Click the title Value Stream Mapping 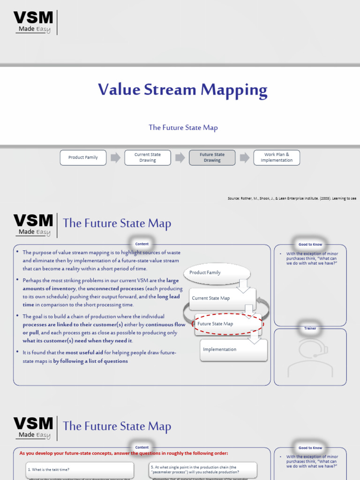[x=182, y=90]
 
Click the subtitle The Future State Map [x=183, y=127]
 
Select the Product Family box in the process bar [x=83, y=157]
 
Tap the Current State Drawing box [x=148, y=157]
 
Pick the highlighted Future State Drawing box [x=212, y=157]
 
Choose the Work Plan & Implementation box [x=276, y=157]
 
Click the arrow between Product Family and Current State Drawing [x=115, y=157]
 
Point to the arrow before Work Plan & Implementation [x=244, y=157]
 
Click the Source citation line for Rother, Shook [x=292, y=199]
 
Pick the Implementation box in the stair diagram [x=233, y=349]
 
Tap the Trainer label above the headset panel [x=310, y=329]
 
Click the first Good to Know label [x=310, y=244]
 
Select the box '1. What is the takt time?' [x=80, y=469]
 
